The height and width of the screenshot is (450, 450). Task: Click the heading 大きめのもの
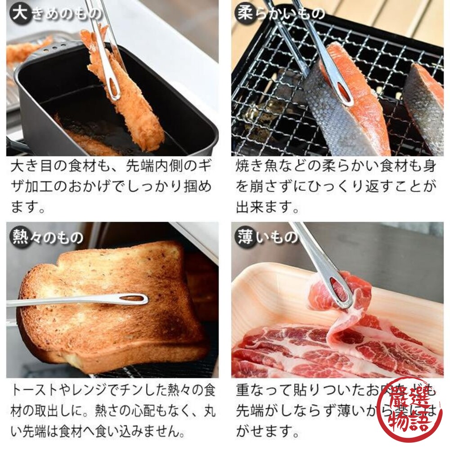click(x=57, y=13)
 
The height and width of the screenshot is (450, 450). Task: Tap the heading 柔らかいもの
click(x=280, y=13)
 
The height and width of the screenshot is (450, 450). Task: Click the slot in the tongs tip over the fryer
click(x=112, y=87)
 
